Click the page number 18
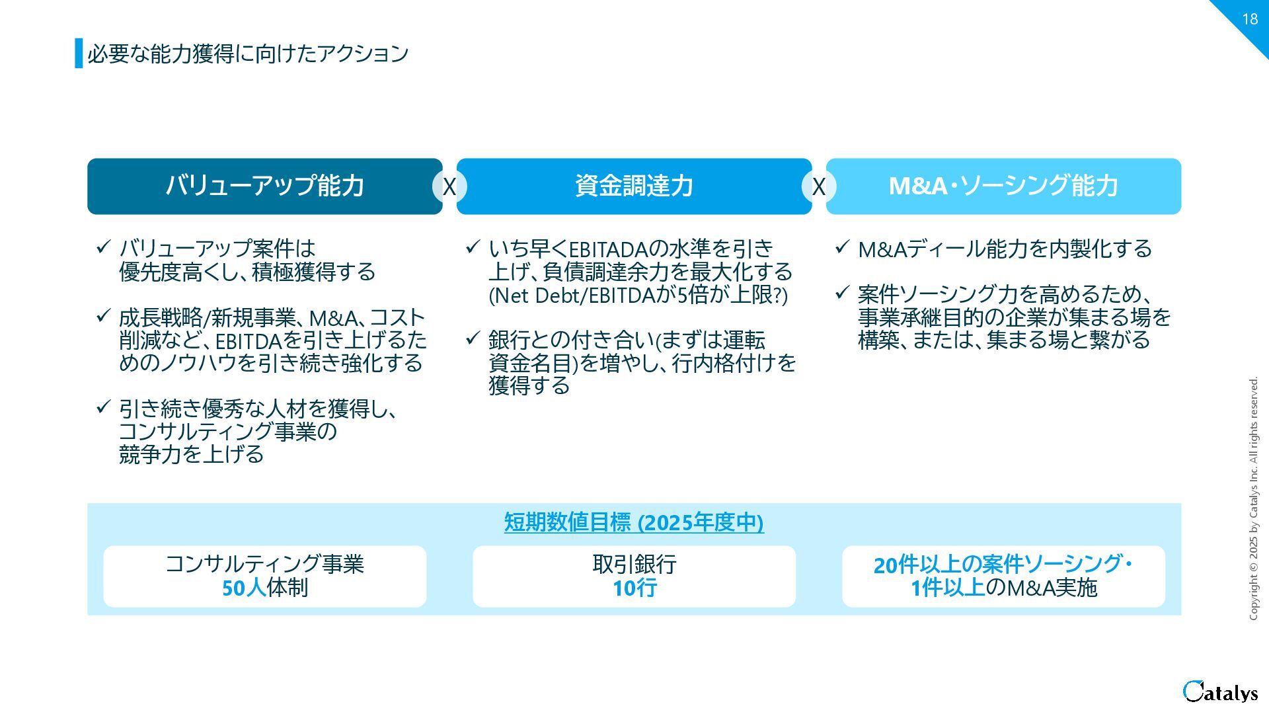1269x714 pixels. tap(1249, 19)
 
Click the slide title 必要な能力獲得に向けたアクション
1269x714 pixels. tap(248, 54)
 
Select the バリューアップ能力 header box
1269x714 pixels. tap(264, 186)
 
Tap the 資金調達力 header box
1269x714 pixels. tap(634, 186)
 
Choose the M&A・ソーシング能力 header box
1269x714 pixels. tap(1003, 186)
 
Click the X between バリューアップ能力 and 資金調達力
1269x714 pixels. tap(449, 187)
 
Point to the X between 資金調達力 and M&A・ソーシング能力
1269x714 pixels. tap(819, 187)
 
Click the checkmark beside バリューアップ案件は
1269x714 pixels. tap(103, 247)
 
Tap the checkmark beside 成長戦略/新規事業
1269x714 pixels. tap(103, 316)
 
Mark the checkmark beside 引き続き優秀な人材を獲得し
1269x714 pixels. tap(103, 407)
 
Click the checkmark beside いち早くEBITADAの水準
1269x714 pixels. tap(473, 247)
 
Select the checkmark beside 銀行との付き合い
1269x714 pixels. tap(473, 338)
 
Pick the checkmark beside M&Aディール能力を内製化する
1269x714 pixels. tap(842, 247)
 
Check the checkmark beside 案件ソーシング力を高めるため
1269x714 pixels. tap(842, 292)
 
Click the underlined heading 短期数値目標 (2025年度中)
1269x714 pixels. tap(634, 522)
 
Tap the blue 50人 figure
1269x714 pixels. tap(243, 588)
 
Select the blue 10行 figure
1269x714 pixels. tap(634, 588)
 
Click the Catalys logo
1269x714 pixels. tap(1220, 692)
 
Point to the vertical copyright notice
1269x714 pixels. tap(1254, 498)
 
